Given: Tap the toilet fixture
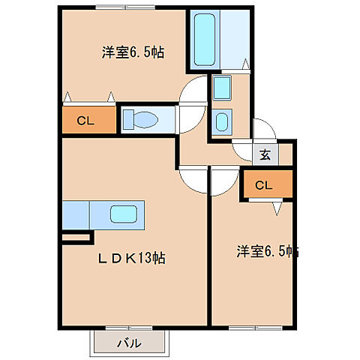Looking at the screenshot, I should [142, 118].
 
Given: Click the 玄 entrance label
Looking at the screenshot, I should [265, 155].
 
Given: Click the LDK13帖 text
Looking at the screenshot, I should [133, 259].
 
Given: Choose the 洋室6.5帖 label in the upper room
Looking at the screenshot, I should [133, 52].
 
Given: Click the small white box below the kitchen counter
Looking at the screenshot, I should [76, 238].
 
